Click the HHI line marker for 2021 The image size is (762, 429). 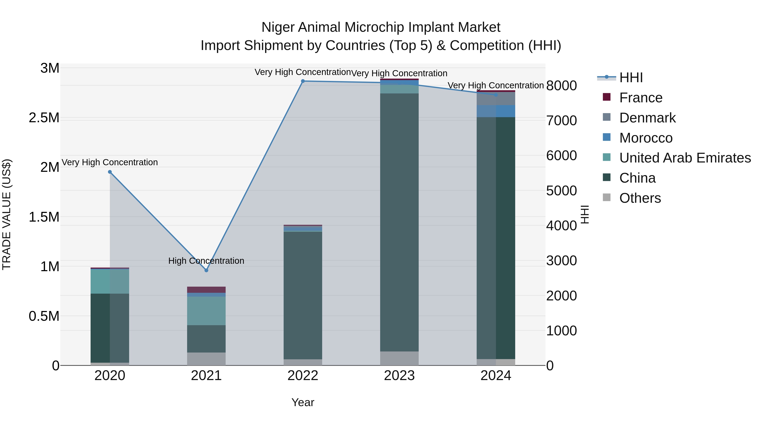coord(206,270)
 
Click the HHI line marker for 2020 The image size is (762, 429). coord(110,172)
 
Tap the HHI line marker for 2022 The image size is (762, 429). coord(303,81)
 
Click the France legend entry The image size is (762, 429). coord(641,98)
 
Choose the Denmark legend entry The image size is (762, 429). coord(647,118)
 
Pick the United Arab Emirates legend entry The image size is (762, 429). coord(685,158)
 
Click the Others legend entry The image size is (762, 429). coord(640,198)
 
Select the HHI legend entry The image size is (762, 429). coord(631,78)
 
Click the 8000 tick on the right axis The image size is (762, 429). coord(561,86)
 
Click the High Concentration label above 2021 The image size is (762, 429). coord(206,261)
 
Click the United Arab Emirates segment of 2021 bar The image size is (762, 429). coord(206,311)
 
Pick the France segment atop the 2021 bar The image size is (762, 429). coord(206,290)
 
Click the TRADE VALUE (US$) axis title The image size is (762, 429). coord(7,214)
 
